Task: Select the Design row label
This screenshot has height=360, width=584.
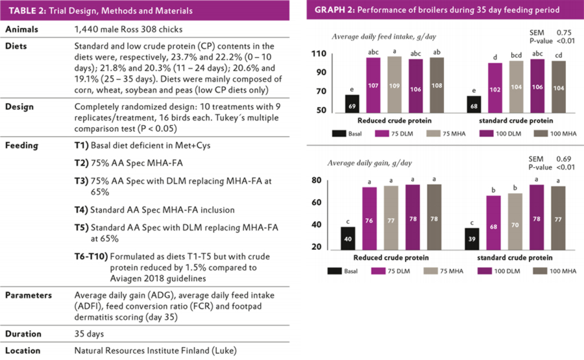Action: coord(21,107)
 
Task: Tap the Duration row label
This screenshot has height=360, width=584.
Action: coord(25,334)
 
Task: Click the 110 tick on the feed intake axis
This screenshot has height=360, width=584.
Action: coord(318,53)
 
